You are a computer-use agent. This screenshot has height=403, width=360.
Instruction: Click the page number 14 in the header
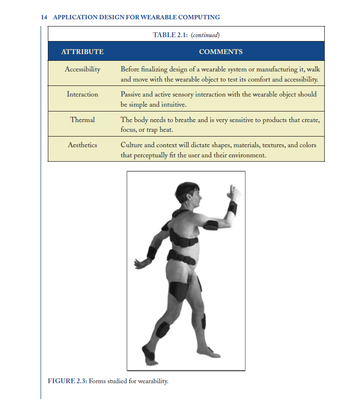44,17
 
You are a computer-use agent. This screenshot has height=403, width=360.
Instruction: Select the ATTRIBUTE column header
82,52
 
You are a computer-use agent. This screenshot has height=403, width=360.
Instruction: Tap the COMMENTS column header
220,52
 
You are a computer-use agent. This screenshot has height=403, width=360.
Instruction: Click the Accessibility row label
83,69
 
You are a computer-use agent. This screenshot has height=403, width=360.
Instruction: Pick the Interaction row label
82,94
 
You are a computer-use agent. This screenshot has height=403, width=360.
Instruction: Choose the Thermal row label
83,120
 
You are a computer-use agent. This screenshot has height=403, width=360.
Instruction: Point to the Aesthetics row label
82,145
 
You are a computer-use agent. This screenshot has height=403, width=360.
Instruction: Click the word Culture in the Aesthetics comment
132,145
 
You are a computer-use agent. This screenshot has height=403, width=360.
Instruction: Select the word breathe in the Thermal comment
175,120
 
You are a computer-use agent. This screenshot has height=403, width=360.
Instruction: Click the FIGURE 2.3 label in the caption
68,381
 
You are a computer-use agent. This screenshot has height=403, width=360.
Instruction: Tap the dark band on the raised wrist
232,208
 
